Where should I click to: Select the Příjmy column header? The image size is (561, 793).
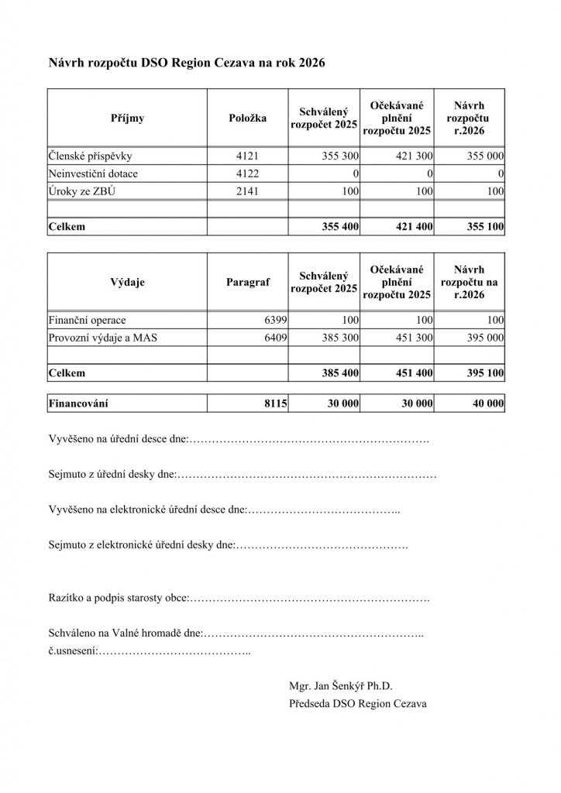128,118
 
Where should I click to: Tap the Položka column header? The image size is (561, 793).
248,118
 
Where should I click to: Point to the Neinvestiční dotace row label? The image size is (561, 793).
93,173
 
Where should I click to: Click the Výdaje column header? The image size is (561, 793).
128,283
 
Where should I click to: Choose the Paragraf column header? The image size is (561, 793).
248,283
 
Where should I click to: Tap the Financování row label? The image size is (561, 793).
78,403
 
